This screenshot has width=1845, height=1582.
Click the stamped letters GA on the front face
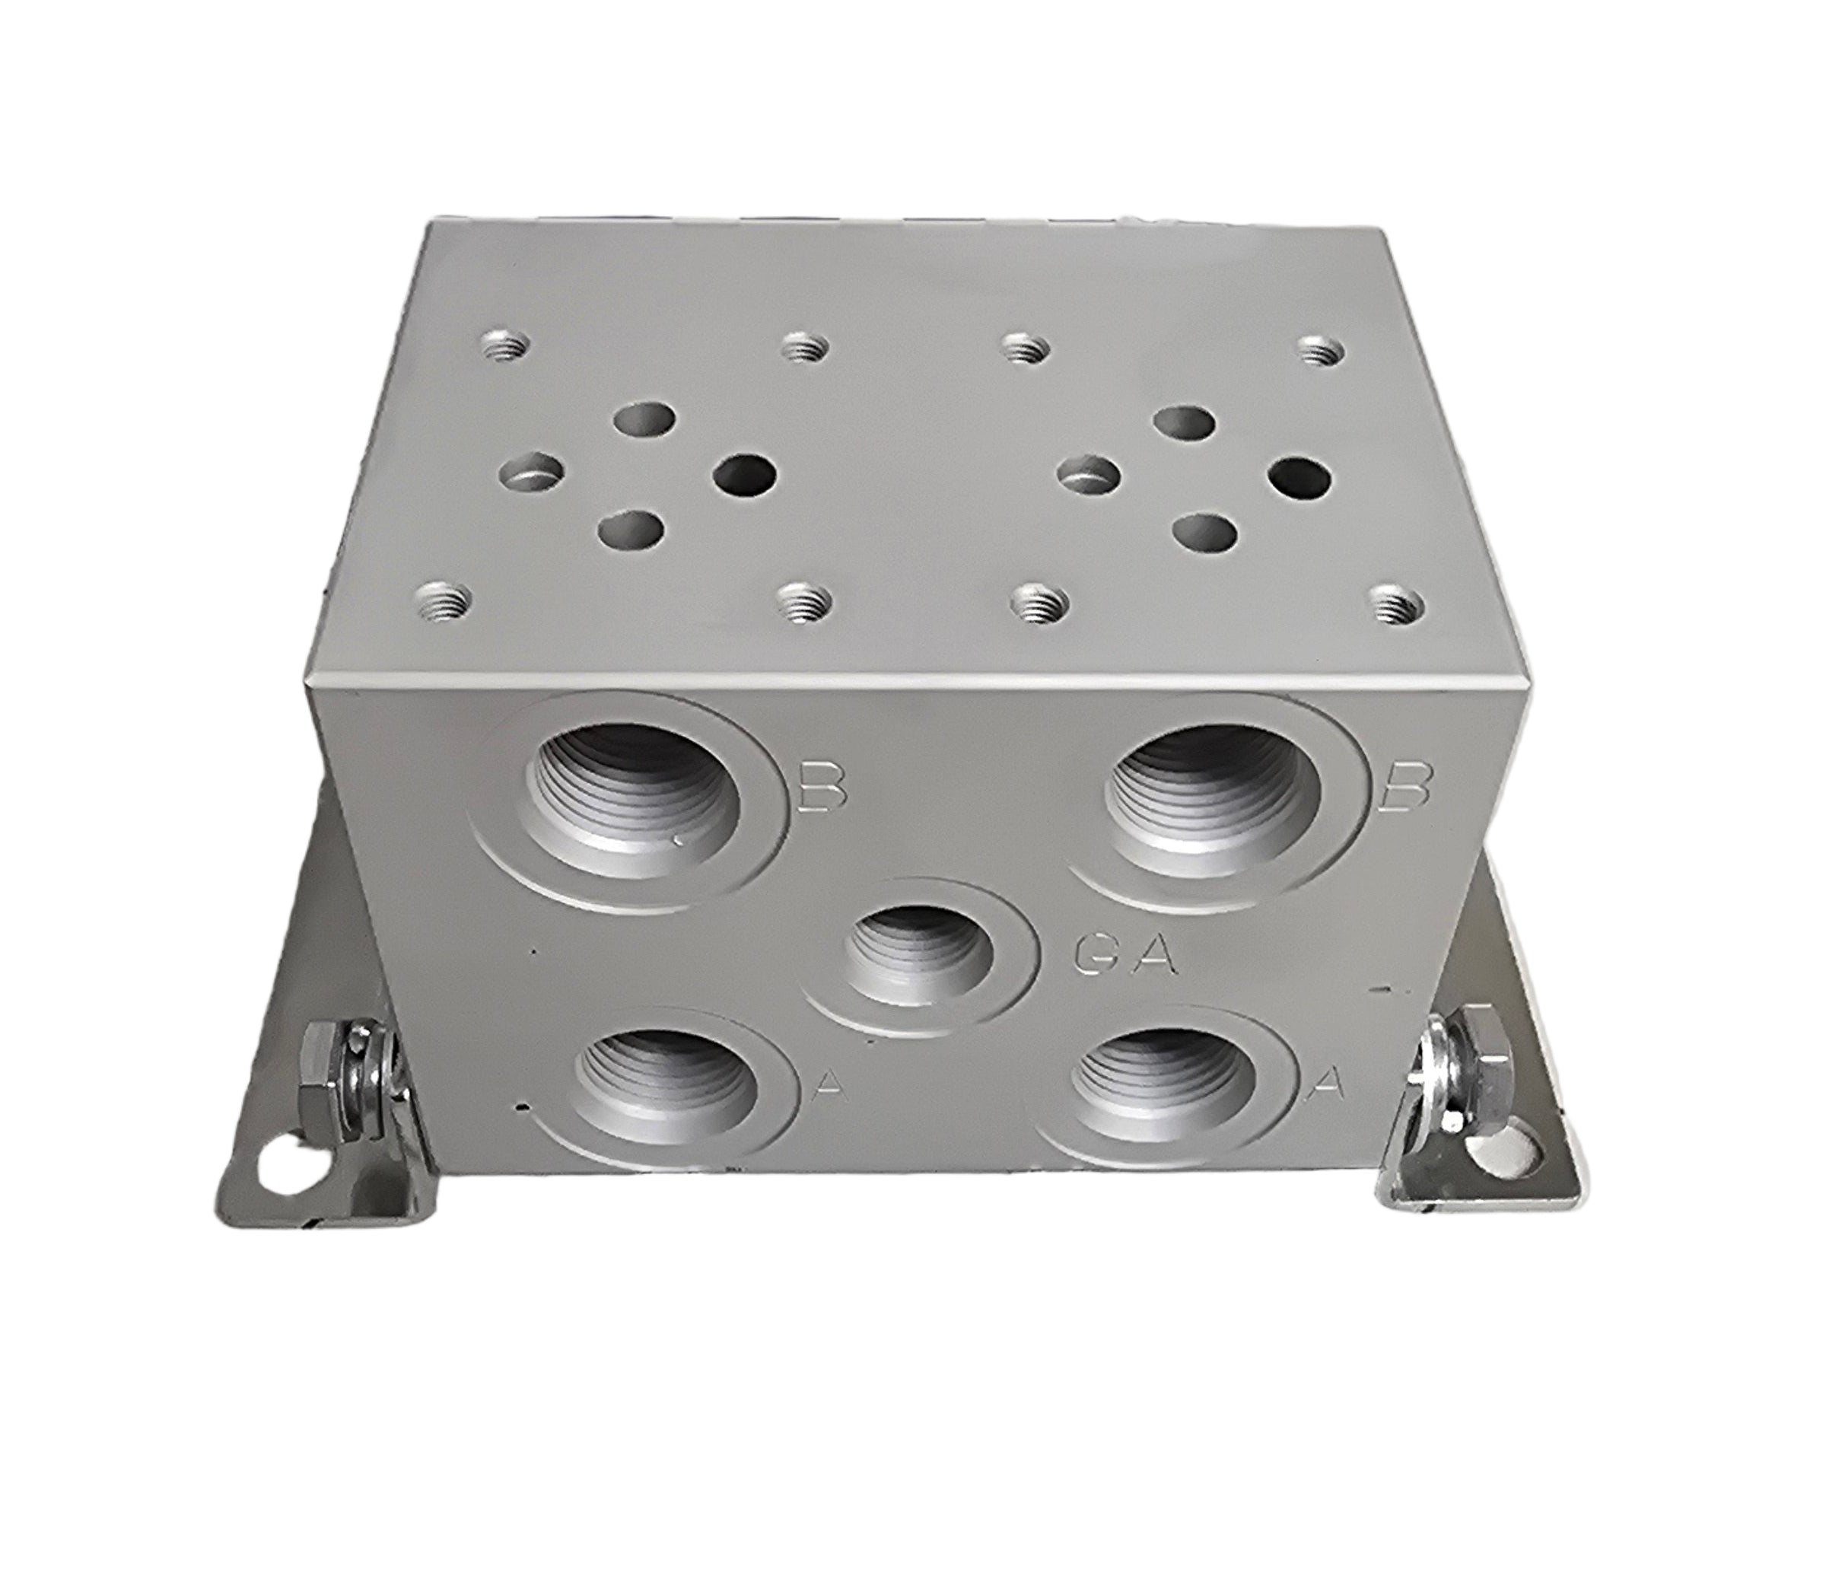[x=1127, y=960]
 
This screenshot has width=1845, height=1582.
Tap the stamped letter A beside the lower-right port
[x=1328, y=1081]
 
